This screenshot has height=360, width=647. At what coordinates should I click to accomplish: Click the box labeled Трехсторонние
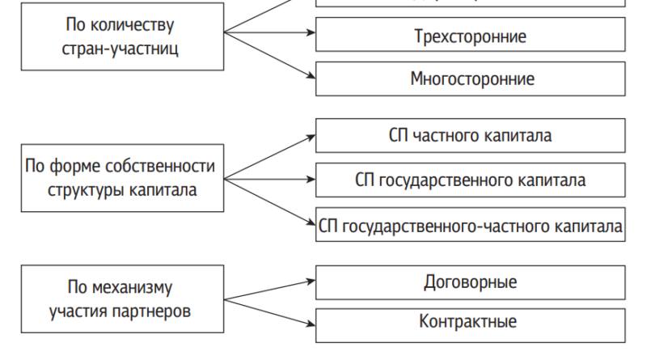point(469,36)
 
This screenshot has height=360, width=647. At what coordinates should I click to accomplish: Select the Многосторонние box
point(469,79)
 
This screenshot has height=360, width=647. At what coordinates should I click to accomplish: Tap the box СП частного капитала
point(469,136)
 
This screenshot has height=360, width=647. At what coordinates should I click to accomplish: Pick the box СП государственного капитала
point(469,179)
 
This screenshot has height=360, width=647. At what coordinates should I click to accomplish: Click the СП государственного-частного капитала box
point(469,223)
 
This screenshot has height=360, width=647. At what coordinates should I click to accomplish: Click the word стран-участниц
point(121,47)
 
